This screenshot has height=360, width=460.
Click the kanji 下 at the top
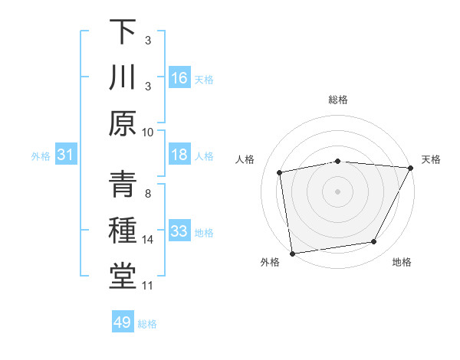pyautogui.click(x=123, y=32)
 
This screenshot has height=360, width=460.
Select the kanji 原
pyautogui.click(x=123, y=124)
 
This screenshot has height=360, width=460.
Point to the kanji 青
pyautogui.click(x=123, y=186)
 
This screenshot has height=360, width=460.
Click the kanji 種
pyautogui.click(x=123, y=232)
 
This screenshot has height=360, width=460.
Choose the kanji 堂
pyautogui.click(x=123, y=277)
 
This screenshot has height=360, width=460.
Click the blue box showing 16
pyautogui.click(x=179, y=78)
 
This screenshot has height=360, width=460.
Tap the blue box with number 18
pyautogui.click(x=179, y=155)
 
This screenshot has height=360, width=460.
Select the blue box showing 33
pyautogui.click(x=179, y=232)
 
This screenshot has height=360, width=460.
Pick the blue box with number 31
pyautogui.click(x=66, y=155)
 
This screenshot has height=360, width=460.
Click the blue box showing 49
pyautogui.click(x=123, y=322)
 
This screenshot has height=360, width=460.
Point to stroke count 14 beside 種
pyautogui.click(x=148, y=240)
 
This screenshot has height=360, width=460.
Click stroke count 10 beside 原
pyautogui.click(x=148, y=132)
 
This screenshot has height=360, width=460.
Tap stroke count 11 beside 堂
pyautogui.click(x=148, y=286)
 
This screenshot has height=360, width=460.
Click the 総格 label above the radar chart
pyautogui.click(x=337, y=100)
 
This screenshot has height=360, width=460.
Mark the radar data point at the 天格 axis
pyautogui.click(x=410, y=168)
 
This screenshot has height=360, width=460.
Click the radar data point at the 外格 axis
pyautogui.click(x=293, y=253)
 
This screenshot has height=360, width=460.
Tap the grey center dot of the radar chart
pyautogui.click(x=337, y=191)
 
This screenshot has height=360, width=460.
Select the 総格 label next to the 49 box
pyautogui.click(x=147, y=324)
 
